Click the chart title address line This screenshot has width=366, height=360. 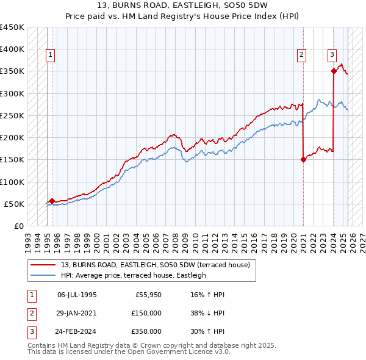tap(182, 5)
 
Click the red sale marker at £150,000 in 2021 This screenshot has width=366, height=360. tap(303, 160)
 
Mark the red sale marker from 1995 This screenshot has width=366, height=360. tap(52, 201)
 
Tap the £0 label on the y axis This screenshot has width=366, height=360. tap(18, 226)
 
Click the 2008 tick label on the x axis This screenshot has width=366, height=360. tap(175, 238)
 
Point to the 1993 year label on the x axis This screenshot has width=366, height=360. tap(28, 238)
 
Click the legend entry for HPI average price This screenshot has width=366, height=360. tap(134, 275)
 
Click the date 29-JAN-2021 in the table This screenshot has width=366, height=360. tap(77, 313)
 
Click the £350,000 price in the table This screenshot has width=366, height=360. tap(146, 331)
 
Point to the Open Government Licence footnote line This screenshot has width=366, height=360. tap(129, 352)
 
